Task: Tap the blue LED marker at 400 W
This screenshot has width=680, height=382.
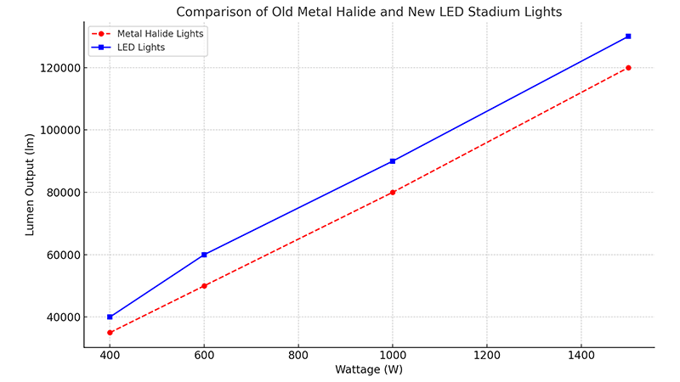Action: [x=110, y=317]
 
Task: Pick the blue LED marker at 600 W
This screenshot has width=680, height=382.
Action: [x=204, y=255]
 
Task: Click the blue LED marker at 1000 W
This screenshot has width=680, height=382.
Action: [x=393, y=161]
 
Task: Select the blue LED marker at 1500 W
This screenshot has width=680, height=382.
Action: [x=628, y=37]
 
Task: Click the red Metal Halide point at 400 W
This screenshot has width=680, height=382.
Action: [x=110, y=332]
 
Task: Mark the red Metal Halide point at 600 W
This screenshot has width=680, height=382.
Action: [x=204, y=286]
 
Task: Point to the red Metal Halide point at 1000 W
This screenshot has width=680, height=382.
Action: [x=393, y=193]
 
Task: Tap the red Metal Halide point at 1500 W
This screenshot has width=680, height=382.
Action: [x=628, y=68]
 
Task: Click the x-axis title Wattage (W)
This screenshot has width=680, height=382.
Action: [x=369, y=370]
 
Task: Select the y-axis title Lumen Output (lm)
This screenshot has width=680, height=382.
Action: [x=30, y=184]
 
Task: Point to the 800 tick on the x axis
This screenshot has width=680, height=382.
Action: [x=298, y=355]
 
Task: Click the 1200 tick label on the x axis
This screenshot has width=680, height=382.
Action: [x=486, y=355]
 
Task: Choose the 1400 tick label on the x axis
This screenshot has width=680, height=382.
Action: [x=581, y=355]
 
